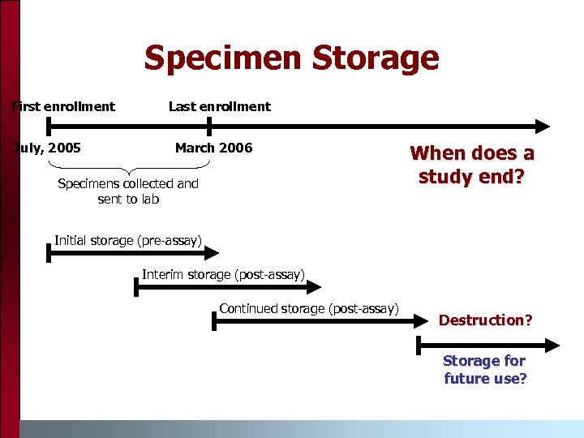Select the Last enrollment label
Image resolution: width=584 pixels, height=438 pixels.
click(x=219, y=106)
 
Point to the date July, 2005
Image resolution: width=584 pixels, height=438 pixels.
click(x=49, y=148)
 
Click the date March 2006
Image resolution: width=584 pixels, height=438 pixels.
click(x=213, y=148)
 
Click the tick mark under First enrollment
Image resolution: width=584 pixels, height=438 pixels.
click(x=48, y=126)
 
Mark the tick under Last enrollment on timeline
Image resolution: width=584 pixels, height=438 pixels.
click(x=209, y=126)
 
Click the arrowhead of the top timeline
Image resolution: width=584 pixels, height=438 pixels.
click(x=542, y=126)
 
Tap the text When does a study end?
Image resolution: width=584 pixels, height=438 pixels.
click(x=472, y=165)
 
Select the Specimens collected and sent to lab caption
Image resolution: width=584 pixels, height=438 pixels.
click(x=128, y=191)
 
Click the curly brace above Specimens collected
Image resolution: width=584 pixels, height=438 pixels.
click(x=128, y=168)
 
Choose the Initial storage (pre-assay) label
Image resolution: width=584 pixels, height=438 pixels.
click(x=127, y=239)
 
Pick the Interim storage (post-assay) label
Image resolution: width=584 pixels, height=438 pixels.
click(x=223, y=274)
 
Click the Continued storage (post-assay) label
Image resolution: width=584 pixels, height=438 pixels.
click(x=308, y=308)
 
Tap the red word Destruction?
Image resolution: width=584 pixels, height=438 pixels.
click(x=485, y=320)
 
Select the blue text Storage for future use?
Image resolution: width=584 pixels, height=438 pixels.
click(x=484, y=370)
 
